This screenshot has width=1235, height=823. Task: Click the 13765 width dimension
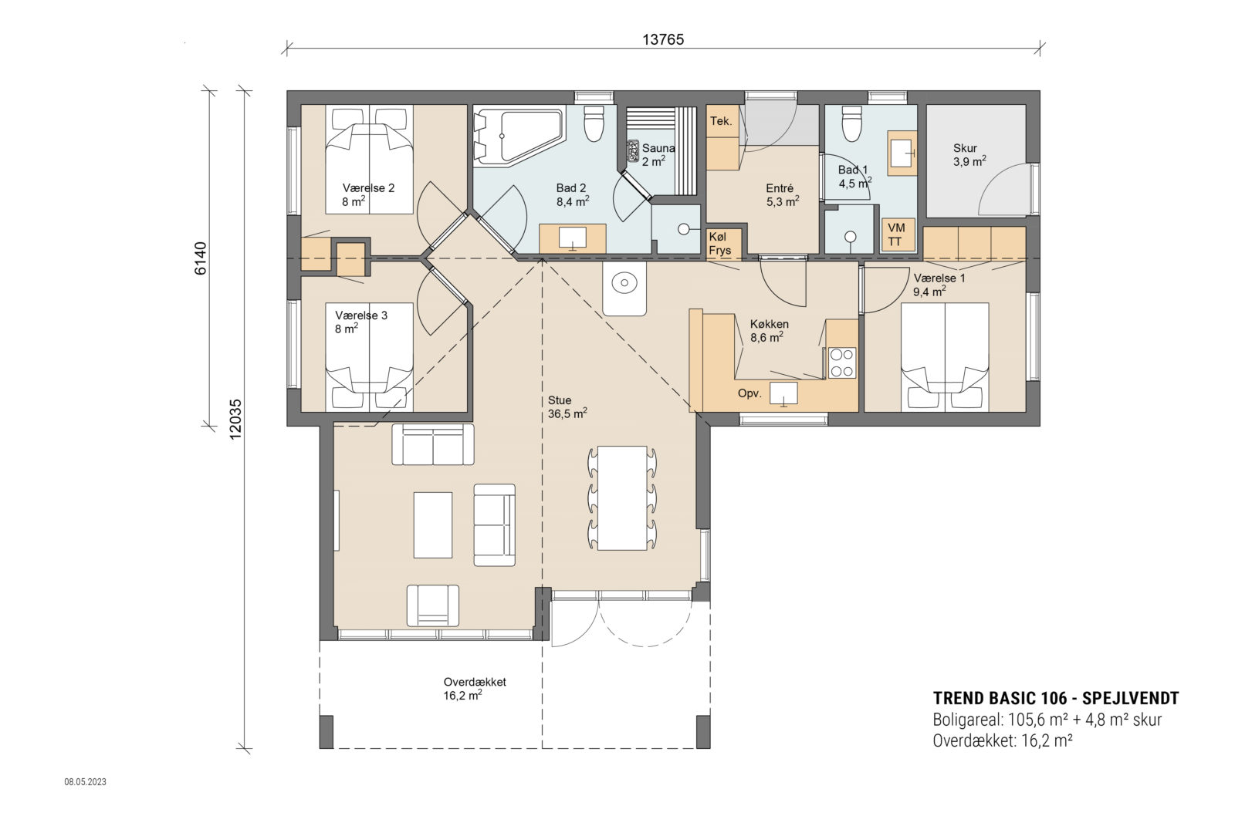click(x=663, y=39)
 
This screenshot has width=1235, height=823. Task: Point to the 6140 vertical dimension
click(x=201, y=258)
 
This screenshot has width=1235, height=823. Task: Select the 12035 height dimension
click(x=235, y=419)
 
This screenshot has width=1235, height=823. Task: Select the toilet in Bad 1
click(x=851, y=125)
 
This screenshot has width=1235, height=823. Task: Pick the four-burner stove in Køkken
click(x=841, y=363)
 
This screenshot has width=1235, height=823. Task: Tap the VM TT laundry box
click(x=897, y=234)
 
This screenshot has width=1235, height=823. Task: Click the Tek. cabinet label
click(x=720, y=121)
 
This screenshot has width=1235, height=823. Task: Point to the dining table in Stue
click(x=622, y=498)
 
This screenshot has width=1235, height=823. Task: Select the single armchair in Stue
click(x=432, y=605)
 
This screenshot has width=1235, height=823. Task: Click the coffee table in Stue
click(x=432, y=524)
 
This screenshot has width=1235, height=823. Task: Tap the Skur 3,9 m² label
click(x=968, y=154)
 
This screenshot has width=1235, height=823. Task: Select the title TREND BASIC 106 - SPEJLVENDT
click(x=1055, y=698)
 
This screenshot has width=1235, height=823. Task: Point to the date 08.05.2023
click(x=85, y=781)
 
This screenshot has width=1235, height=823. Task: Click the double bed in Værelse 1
click(x=945, y=355)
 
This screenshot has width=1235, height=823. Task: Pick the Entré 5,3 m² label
click(x=781, y=194)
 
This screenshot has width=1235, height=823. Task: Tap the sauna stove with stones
click(x=633, y=148)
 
